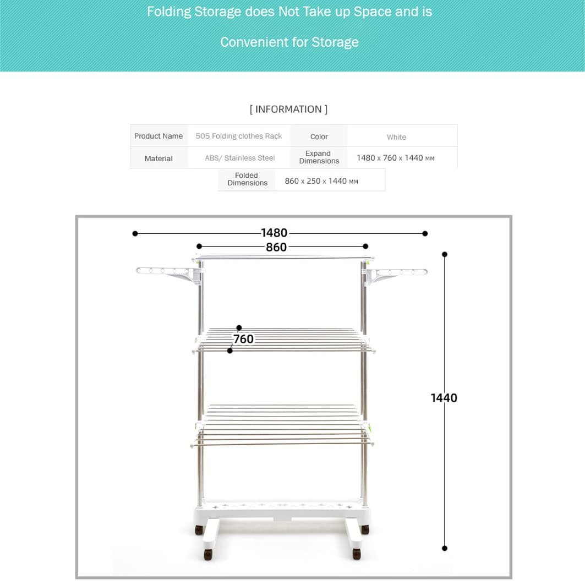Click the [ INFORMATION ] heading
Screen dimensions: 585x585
click(x=288, y=109)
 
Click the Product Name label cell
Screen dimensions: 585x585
click(x=158, y=136)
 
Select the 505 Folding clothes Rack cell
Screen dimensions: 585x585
click(x=239, y=136)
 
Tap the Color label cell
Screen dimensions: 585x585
click(x=319, y=136)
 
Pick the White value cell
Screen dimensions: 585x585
click(x=396, y=137)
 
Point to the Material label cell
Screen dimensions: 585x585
click(x=158, y=158)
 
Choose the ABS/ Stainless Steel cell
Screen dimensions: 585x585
click(x=240, y=158)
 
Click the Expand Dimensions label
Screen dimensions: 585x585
click(x=319, y=157)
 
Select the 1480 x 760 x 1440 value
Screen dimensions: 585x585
click(x=395, y=158)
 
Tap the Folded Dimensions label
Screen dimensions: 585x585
click(x=247, y=179)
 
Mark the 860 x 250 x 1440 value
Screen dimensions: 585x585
click(x=321, y=181)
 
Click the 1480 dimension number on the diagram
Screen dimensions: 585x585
click(x=274, y=233)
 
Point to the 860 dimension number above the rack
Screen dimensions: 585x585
click(x=276, y=247)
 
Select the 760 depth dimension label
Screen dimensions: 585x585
click(x=243, y=339)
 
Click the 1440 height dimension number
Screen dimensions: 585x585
click(x=444, y=398)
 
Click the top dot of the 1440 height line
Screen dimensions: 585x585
click(x=445, y=254)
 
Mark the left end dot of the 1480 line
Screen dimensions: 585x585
click(x=135, y=234)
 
